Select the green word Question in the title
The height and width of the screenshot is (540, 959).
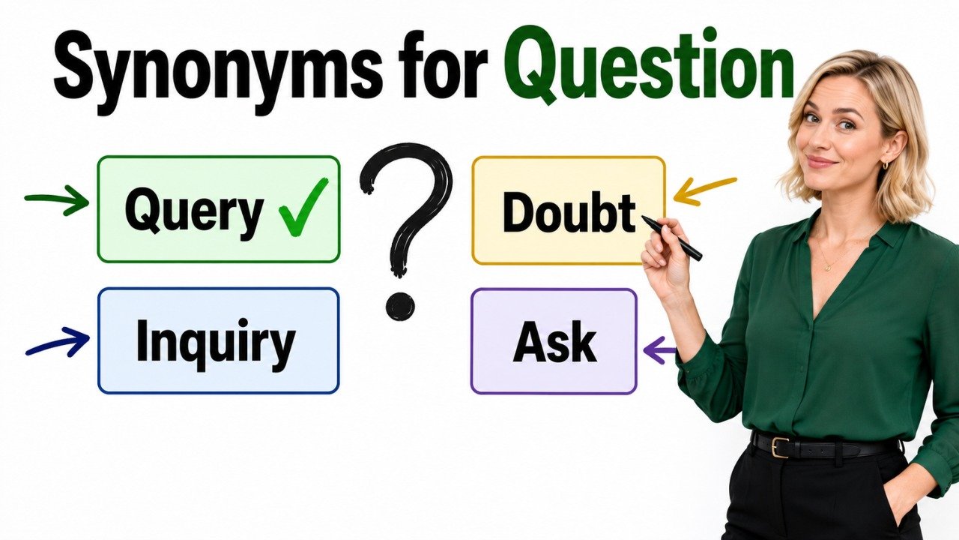pyautogui.click(x=648, y=65)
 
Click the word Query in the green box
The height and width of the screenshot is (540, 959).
pyautogui.click(x=193, y=214)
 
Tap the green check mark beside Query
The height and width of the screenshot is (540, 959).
pyautogui.click(x=303, y=207)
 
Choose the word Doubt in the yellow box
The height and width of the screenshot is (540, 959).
pyautogui.click(x=569, y=213)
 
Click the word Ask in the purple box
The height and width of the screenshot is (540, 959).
pyautogui.click(x=554, y=342)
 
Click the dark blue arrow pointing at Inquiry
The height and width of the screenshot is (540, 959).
pyautogui.click(x=58, y=341)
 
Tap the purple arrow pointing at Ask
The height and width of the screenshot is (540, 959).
pyautogui.click(x=660, y=350)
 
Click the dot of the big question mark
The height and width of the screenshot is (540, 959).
pyautogui.click(x=400, y=306)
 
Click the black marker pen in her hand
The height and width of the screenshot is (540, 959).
pyautogui.click(x=671, y=238)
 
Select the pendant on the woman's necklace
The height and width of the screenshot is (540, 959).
pyautogui.click(x=828, y=268)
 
